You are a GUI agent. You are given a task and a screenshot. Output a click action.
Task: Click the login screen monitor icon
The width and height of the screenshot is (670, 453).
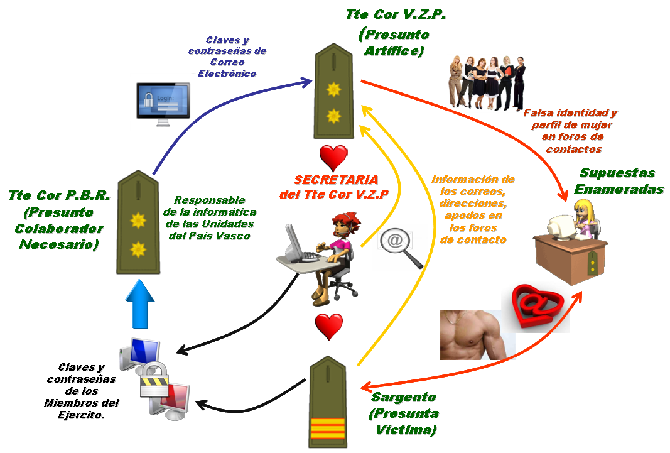(x=163, y=101)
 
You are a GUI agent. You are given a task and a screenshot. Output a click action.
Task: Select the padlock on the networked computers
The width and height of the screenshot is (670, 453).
(x=151, y=381)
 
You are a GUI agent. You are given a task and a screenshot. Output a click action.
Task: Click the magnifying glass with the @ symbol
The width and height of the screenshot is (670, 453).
(x=402, y=247)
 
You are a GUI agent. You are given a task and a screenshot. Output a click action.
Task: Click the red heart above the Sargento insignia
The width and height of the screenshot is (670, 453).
(x=329, y=326)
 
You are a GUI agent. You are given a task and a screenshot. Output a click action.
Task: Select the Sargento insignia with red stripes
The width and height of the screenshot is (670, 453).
(x=328, y=402)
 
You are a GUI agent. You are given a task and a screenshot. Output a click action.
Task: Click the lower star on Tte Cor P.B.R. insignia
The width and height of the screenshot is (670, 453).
(x=138, y=250)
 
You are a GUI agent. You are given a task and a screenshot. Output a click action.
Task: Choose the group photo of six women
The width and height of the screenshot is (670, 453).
(x=488, y=82)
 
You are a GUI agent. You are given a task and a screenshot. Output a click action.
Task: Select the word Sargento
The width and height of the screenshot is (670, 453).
(x=404, y=398)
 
